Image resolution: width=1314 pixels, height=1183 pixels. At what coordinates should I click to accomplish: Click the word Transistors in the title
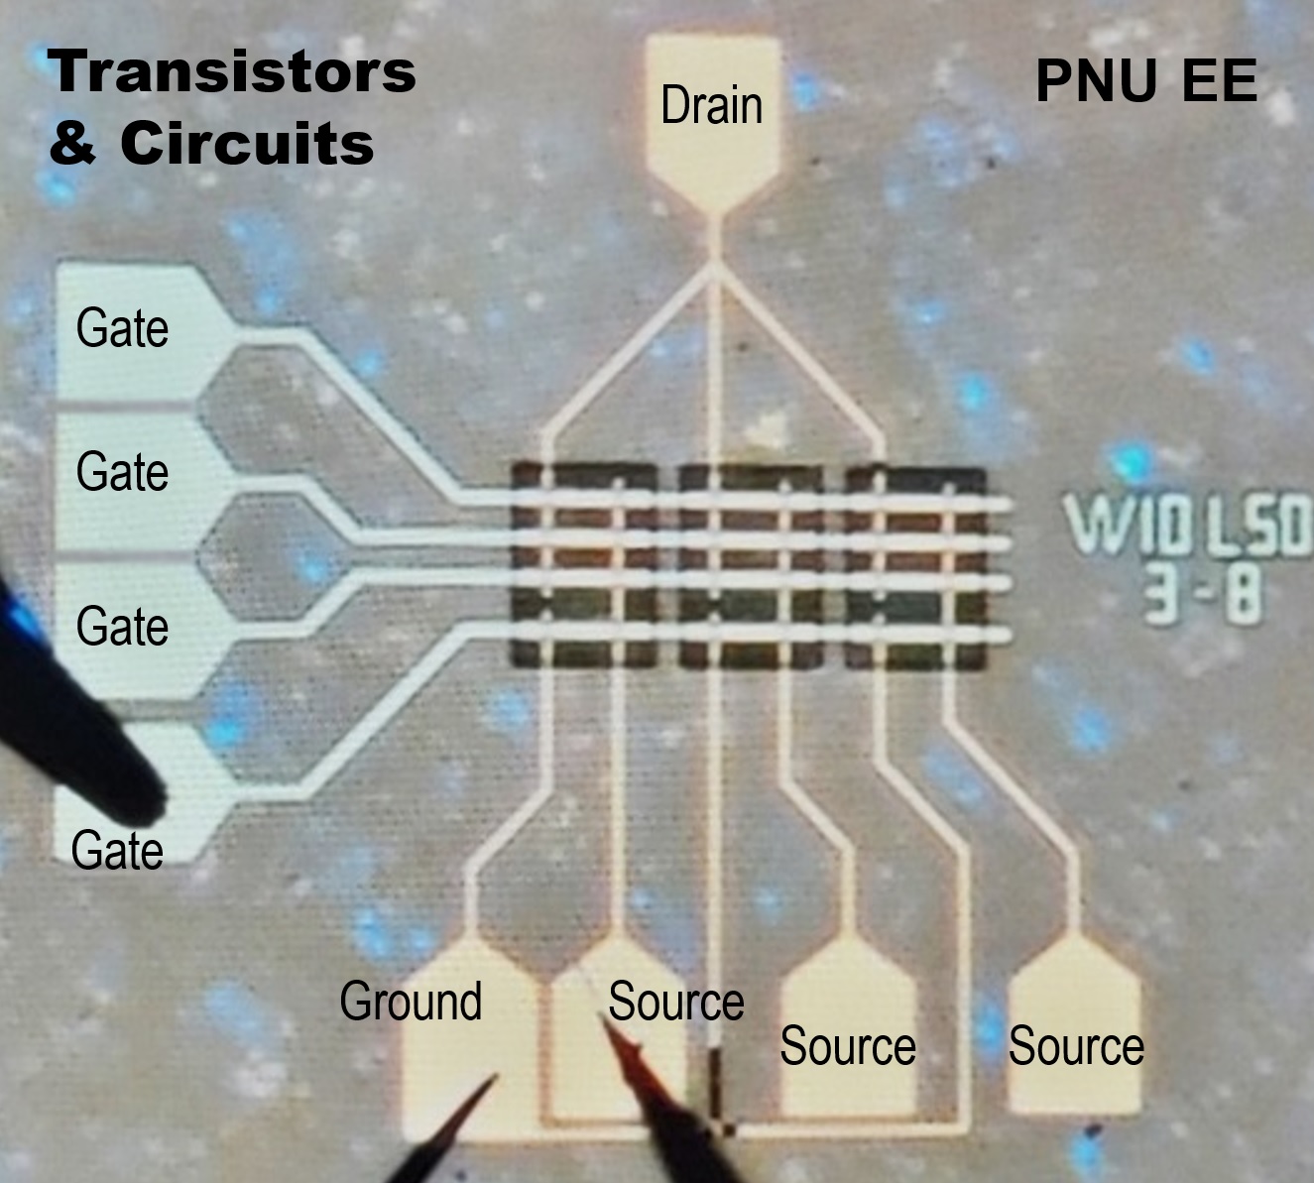(x=231, y=72)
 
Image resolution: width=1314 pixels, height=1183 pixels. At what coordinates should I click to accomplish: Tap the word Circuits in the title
(x=247, y=144)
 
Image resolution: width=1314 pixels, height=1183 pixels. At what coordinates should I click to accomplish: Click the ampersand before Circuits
(x=71, y=144)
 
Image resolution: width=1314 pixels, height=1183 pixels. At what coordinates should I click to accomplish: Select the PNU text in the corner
(x=1096, y=81)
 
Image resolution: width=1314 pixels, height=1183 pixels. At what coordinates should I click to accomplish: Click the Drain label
(x=711, y=106)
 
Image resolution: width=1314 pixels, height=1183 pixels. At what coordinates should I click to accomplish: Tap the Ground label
(x=411, y=1001)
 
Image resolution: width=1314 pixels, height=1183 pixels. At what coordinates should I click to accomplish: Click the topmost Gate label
(x=122, y=329)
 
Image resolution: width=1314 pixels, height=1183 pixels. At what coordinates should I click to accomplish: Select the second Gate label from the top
(x=122, y=472)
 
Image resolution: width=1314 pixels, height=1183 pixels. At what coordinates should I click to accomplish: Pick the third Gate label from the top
(x=122, y=627)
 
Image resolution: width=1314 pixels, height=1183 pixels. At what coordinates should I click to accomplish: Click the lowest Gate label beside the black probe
(x=117, y=851)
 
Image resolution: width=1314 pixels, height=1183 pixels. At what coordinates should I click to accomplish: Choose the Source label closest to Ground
(x=675, y=1002)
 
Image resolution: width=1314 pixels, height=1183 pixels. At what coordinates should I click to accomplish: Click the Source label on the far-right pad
(x=1076, y=1047)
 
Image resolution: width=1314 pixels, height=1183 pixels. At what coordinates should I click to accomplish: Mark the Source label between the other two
(x=847, y=1047)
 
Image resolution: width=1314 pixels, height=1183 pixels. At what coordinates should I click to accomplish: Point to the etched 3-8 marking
(x=1202, y=593)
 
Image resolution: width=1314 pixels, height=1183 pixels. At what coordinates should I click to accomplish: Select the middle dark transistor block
(x=751, y=566)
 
